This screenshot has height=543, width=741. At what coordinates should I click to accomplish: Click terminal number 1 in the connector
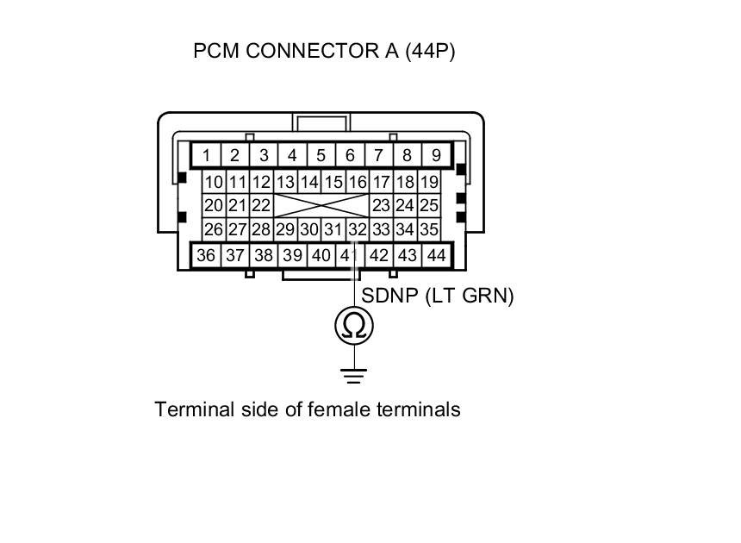coord(207,156)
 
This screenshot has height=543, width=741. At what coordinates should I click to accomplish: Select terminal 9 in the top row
coord(437,156)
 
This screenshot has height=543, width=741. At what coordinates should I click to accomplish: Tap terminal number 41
coord(348,255)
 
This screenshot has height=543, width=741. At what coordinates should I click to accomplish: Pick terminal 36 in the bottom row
coord(206,255)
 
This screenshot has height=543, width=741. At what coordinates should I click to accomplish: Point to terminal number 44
coord(436,255)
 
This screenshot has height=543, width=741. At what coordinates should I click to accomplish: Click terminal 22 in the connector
coord(261,206)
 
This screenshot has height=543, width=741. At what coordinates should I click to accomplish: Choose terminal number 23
coord(381,206)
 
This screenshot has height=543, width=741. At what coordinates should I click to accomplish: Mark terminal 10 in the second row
coord(214,182)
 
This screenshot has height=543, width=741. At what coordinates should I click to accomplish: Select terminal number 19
coord(428,182)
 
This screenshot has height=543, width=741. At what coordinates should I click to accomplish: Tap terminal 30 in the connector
coord(309,230)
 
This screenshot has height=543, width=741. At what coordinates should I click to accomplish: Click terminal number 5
coord(321,156)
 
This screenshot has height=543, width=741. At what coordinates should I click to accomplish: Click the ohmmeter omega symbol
coord(354,326)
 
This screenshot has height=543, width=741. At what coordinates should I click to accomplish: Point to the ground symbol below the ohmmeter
coord(353,375)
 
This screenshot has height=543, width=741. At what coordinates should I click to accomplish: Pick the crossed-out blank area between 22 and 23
coord(321,206)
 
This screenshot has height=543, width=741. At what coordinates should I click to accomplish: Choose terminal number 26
coord(214,230)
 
